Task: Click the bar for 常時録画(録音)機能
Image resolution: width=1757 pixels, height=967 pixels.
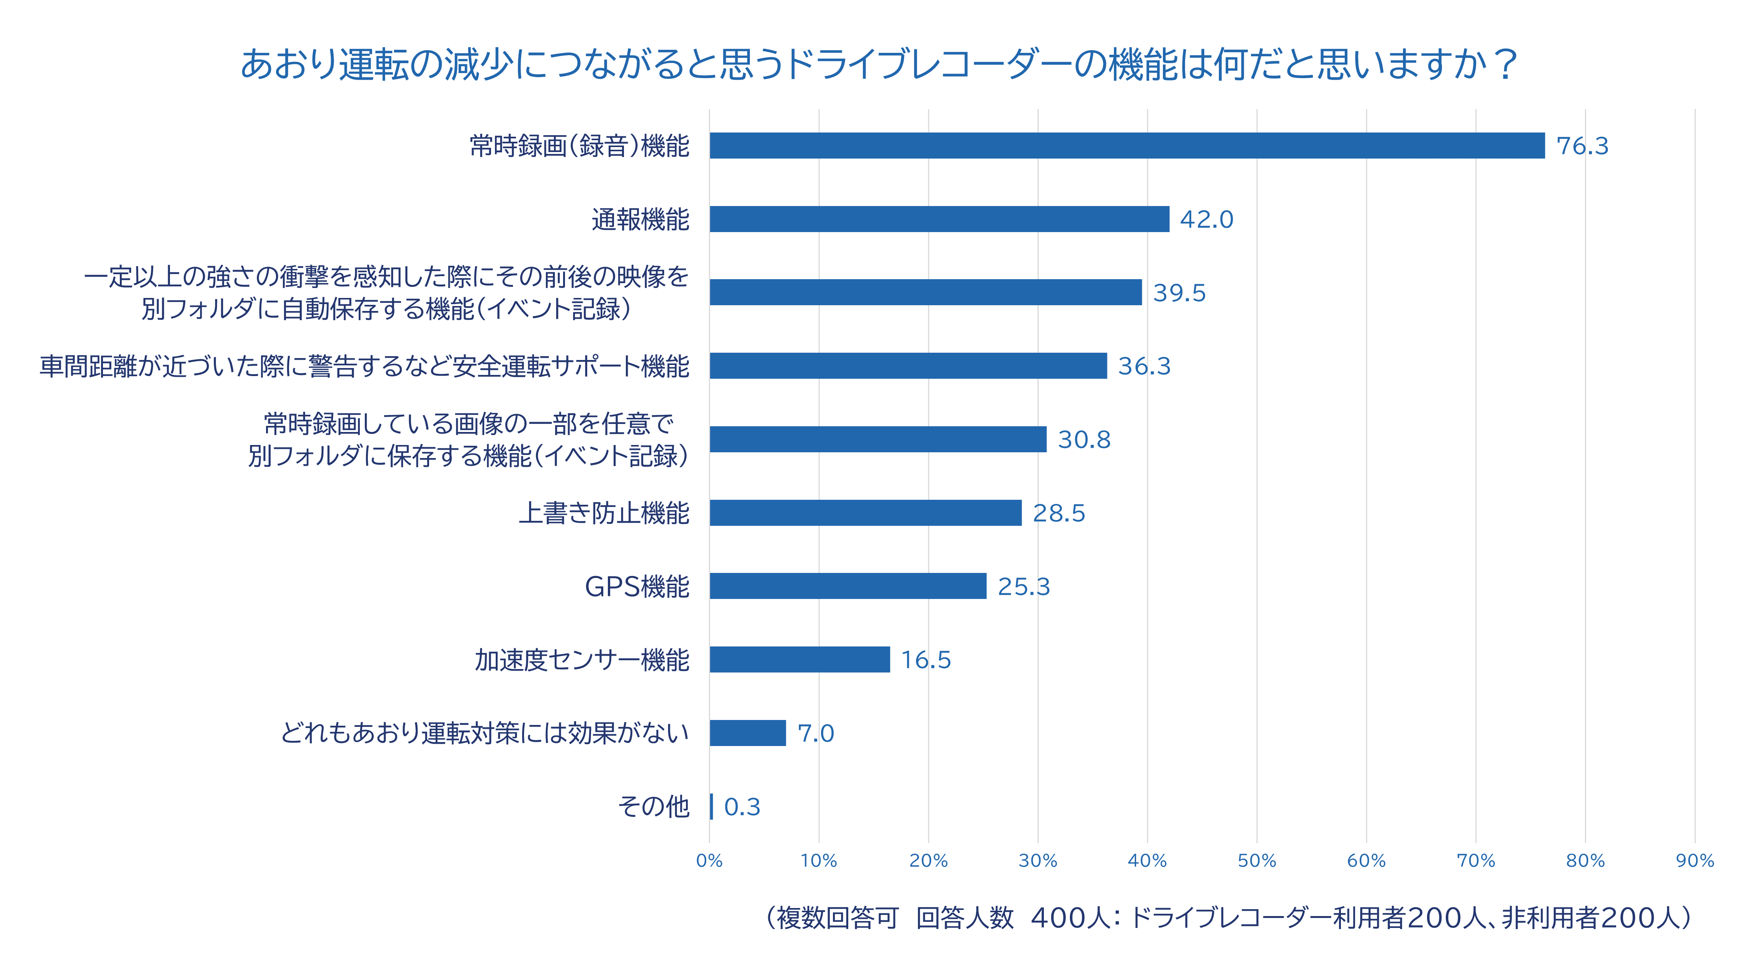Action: coord(1127,146)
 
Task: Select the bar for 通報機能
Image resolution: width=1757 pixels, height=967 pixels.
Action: coord(939,219)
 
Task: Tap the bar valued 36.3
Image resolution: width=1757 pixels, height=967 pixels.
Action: coord(908,366)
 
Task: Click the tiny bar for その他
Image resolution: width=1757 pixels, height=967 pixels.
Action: coord(711,807)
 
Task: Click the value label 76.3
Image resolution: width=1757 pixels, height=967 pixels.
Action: coord(1582,146)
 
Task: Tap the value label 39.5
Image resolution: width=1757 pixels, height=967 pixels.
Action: coord(1179,293)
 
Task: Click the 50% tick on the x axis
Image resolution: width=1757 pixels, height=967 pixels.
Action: coord(1257,861)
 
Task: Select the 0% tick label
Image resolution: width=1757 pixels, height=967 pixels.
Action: coord(709,861)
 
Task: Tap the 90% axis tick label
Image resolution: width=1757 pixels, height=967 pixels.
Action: coord(1695,861)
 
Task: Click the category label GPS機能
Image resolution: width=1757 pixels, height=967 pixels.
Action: coord(637,587)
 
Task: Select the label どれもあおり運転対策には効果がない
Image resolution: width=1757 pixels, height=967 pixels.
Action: coord(485,733)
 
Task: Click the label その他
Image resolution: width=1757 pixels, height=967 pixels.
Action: coord(653,807)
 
